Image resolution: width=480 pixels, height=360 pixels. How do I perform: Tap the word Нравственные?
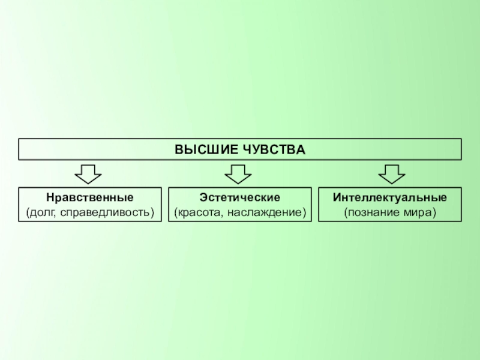click(x=90, y=197)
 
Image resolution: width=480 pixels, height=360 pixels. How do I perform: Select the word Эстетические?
click(x=240, y=197)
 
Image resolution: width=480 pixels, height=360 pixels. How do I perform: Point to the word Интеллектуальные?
click(x=390, y=197)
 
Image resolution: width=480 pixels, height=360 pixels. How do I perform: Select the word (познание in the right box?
click(x=370, y=212)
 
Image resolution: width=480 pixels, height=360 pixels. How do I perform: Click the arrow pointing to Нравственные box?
click(x=88, y=175)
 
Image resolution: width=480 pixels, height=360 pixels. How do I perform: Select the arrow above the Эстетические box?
click(x=238, y=175)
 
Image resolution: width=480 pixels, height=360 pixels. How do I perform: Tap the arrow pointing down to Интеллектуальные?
click(x=392, y=175)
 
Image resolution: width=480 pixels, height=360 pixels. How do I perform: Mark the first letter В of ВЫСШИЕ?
click(x=178, y=149)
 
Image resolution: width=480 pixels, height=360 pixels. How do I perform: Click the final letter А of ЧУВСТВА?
click(x=302, y=149)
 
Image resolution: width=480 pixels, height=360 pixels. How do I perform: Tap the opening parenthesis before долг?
click(x=27, y=212)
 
